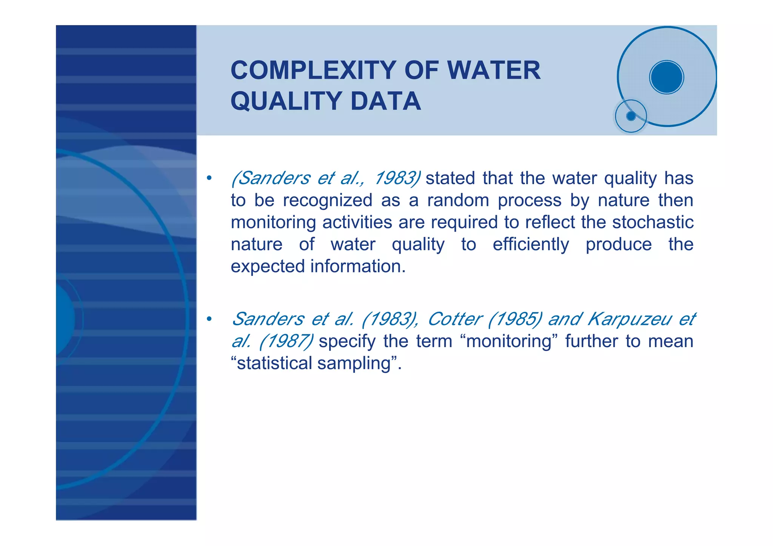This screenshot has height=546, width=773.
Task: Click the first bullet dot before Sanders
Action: click(209, 178)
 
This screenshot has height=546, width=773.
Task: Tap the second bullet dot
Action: click(209, 319)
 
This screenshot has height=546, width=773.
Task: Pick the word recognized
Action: click(327, 200)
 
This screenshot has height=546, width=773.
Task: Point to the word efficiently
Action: click(531, 245)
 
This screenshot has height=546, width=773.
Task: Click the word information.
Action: click(358, 266)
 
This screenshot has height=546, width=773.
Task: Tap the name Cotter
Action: click(455, 319)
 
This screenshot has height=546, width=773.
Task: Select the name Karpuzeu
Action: click(629, 319)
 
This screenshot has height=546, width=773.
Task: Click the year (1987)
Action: click(286, 341)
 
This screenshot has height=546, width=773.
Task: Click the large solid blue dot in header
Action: click(667, 77)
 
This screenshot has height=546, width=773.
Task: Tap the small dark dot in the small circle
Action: click(631, 116)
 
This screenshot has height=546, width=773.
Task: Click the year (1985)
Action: click(515, 319)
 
